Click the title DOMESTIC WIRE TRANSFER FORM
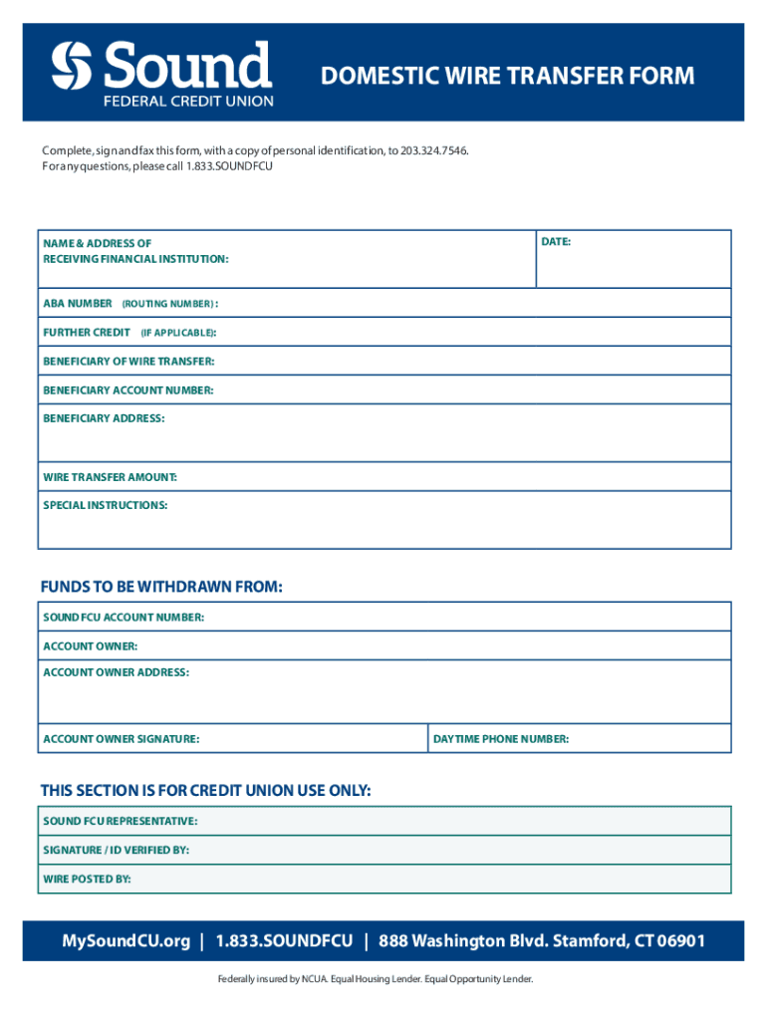507,77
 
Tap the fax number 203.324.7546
433,150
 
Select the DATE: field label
556,242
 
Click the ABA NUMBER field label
78,303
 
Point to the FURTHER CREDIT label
87,332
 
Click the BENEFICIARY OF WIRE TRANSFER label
128,362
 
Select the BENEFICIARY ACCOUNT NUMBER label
128,390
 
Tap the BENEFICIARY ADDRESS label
104,418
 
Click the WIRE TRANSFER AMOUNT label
110,478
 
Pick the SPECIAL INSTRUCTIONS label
105,505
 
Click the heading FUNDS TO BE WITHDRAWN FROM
161,587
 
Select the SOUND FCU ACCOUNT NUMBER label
124,618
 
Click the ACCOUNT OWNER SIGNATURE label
121,739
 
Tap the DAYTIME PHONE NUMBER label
501,739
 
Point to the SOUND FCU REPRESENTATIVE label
120,821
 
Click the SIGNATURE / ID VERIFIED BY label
116,850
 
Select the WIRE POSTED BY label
87,880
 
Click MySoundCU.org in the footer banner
126,941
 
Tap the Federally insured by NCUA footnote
376,979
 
